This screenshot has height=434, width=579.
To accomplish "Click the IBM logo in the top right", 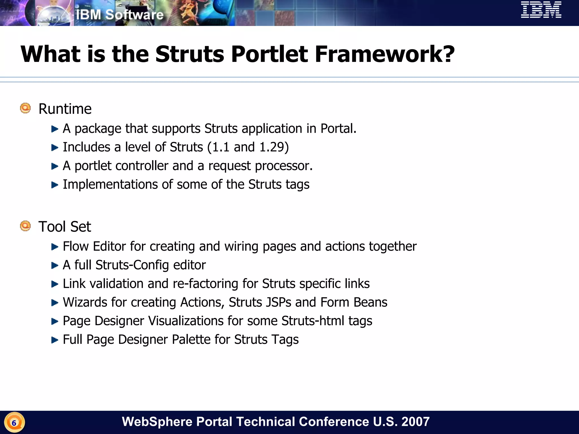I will (x=541, y=10).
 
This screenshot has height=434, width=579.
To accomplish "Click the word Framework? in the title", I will (x=384, y=54).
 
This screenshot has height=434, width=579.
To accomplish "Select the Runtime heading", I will (x=65, y=109).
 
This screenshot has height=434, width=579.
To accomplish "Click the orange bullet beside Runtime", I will (x=25, y=108).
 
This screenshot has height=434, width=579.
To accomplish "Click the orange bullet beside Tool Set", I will (x=25, y=226).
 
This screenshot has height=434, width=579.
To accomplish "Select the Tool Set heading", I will (x=65, y=227).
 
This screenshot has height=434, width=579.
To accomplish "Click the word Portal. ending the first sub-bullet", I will (x=338, y=129).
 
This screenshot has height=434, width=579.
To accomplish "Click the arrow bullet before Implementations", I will (x=55, y=185).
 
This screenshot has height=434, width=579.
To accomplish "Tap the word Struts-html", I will (x=313, y=321).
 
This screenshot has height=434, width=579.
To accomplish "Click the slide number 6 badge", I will (x=14, y=423).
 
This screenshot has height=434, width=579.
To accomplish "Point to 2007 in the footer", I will (x=415, y=422).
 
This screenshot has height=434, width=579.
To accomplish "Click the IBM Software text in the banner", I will (x=120, y=15).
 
